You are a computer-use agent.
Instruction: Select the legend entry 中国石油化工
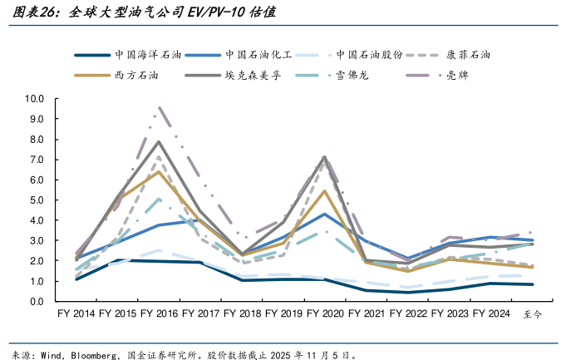258,54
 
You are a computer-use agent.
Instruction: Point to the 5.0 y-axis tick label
37,200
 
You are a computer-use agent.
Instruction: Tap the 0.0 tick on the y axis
37,301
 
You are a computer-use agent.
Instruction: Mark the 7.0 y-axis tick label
37,159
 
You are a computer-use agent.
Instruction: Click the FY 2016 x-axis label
159,314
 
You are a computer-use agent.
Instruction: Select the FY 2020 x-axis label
325,314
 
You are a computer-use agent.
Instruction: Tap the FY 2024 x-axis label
491,314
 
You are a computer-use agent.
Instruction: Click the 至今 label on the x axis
532,315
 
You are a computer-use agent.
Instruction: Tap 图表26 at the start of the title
30,13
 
